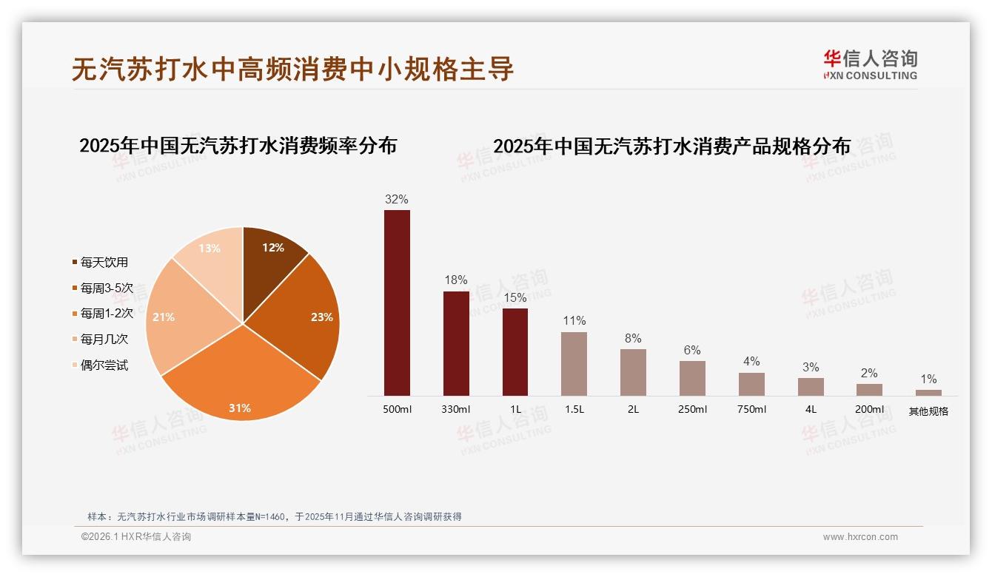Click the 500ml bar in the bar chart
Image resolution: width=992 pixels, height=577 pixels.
tap(397, 303)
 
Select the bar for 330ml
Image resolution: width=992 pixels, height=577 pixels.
tap(456, 344)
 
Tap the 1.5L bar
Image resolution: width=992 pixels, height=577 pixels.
tap(574, 364)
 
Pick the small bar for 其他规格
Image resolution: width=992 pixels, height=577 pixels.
tap(928, 393)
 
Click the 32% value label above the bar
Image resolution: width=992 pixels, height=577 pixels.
tap(397, 200)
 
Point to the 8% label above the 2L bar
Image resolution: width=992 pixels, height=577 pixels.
tap(633, 339)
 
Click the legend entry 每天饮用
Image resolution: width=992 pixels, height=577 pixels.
tap(104, 263)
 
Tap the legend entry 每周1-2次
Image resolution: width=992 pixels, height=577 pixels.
tap(107, 314)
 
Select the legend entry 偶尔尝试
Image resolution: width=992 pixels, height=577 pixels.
tap(104, 365)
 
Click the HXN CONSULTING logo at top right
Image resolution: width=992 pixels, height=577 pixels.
tap(870, 65)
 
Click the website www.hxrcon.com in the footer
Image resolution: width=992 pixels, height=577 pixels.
tap(860, 537)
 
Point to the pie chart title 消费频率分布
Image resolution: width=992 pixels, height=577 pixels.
tap(238, 146)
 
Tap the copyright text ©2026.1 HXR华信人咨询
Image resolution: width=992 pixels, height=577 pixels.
tap(136, 537)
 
